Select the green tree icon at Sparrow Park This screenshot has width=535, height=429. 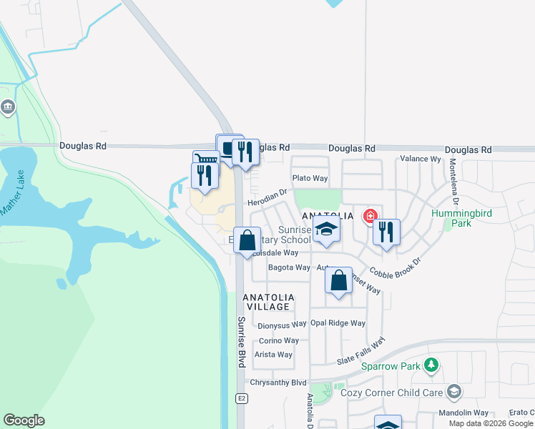pos(431,366)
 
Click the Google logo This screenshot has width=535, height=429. pos(24,420)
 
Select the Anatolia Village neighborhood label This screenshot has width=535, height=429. pos(267,302)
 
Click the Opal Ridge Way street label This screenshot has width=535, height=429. pos(338,323)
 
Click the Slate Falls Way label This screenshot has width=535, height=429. pos(361,352)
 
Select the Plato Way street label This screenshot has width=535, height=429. pos(310,178)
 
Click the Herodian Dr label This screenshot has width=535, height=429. pos(267,198)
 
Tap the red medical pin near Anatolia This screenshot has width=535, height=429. pos(370,215)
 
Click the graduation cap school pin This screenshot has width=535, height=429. pos(326,230)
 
